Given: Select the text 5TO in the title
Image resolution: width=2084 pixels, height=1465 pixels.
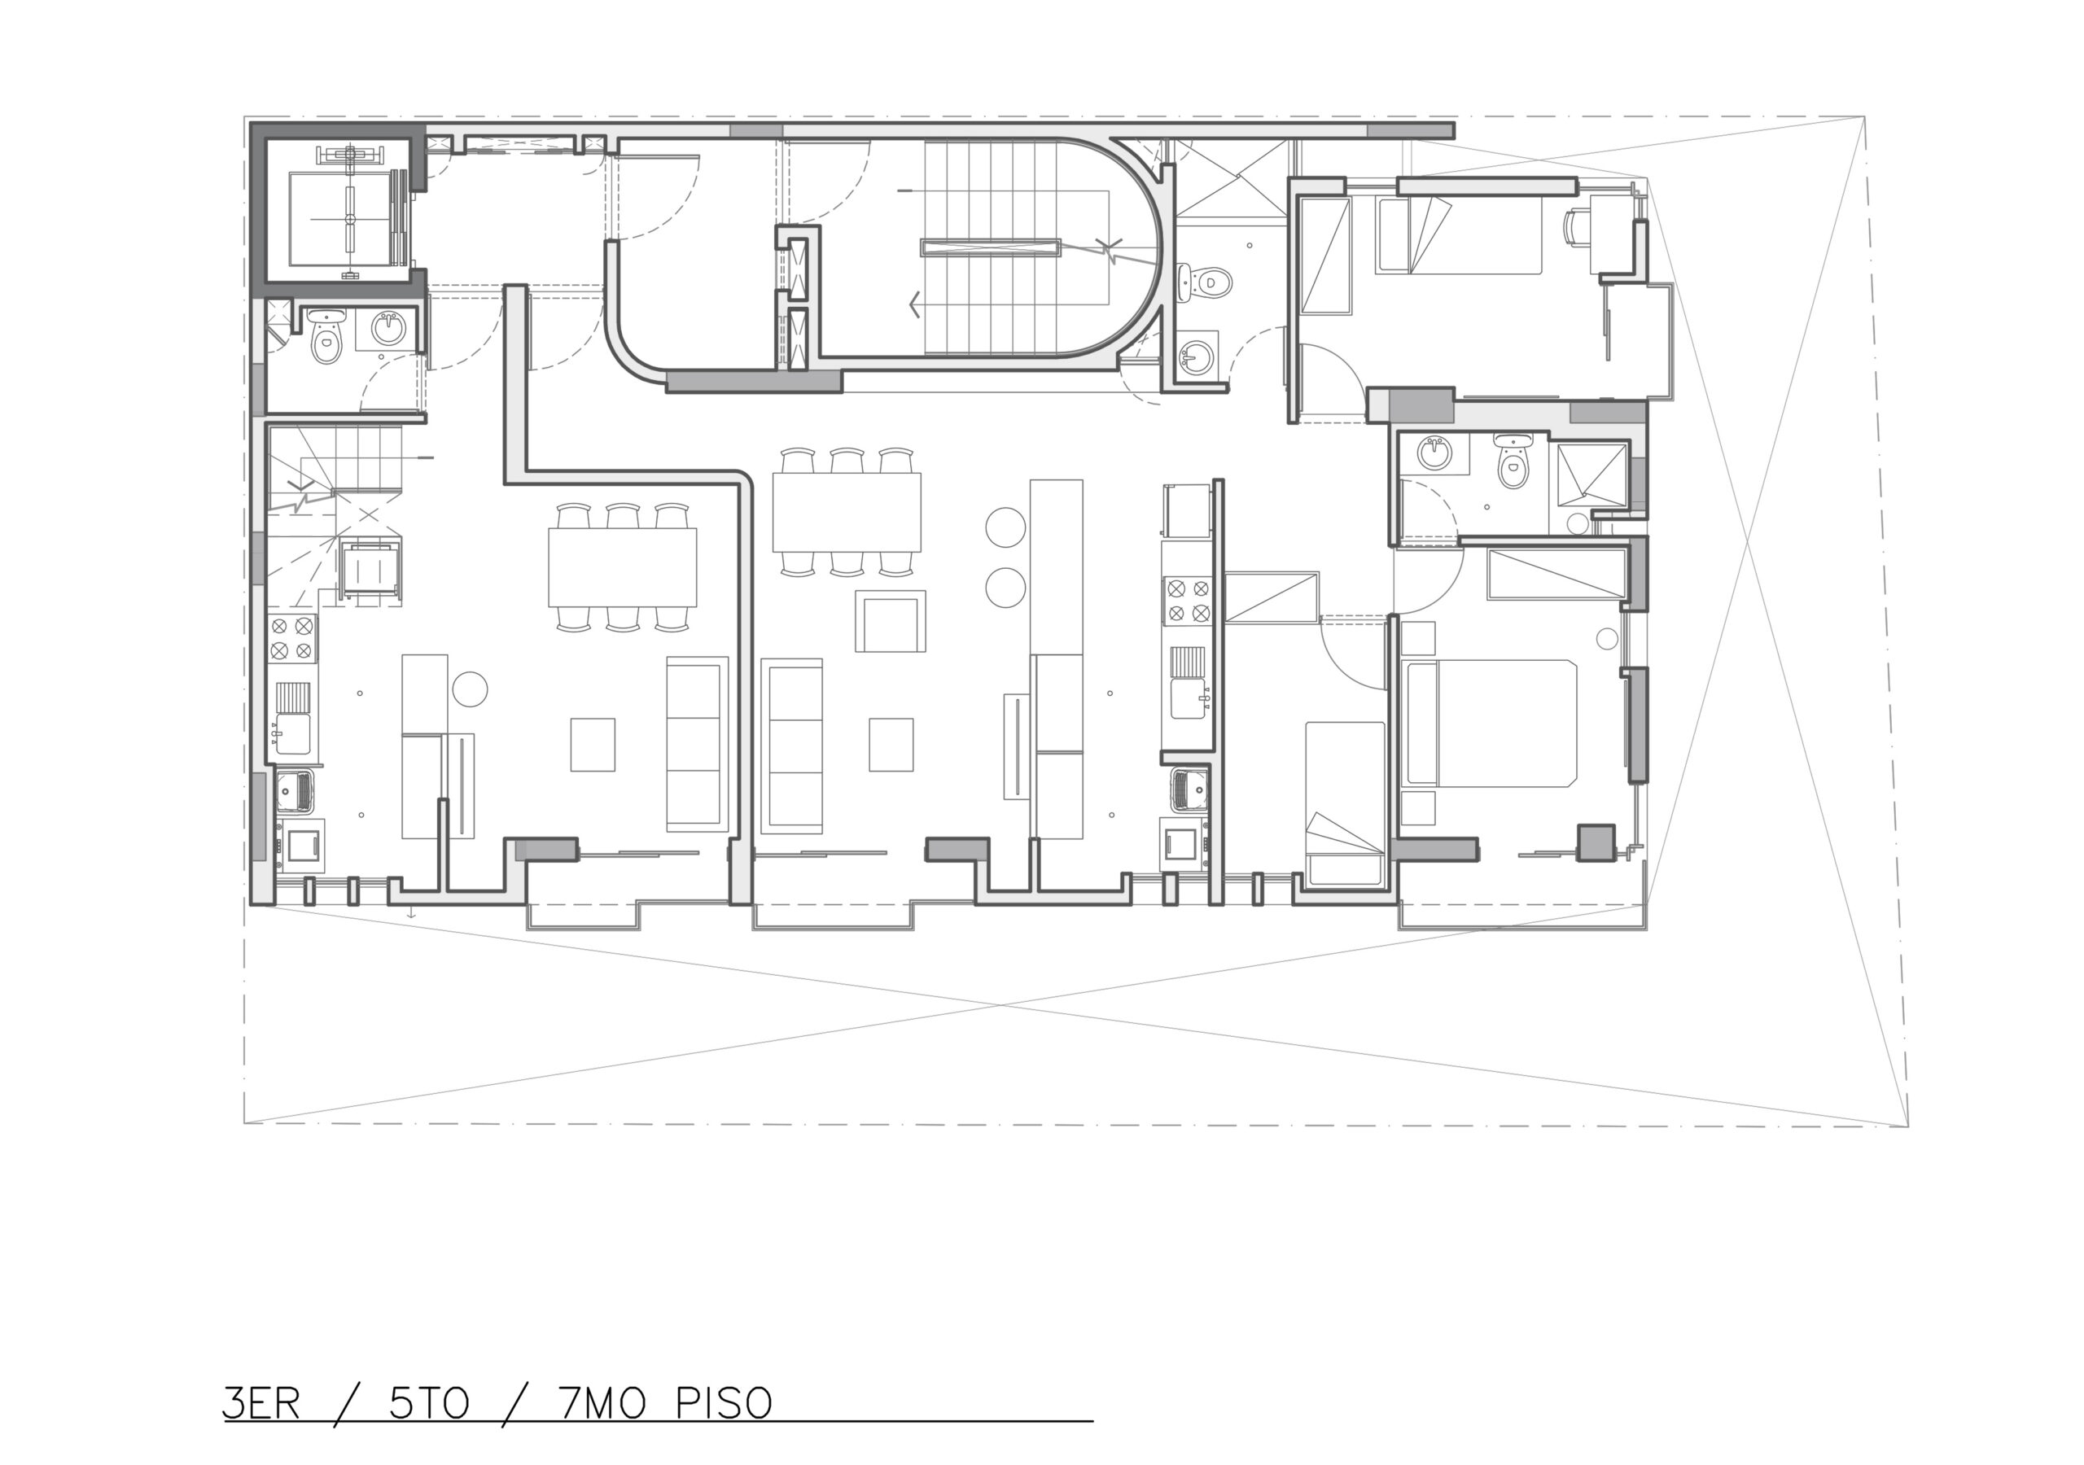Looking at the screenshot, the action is (429, 1403).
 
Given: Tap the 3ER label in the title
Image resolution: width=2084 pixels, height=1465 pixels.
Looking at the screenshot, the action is (261, 1403).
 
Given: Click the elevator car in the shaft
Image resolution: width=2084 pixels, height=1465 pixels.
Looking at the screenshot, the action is (348, 219).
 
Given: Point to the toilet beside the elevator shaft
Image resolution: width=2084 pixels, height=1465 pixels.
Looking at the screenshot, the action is (326, 335).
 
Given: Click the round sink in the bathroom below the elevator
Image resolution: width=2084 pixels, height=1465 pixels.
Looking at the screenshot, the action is (389, 329).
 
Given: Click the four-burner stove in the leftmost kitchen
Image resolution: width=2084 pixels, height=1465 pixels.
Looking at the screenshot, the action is (292, 638).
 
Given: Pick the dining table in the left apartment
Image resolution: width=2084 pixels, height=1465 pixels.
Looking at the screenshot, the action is (623, 567).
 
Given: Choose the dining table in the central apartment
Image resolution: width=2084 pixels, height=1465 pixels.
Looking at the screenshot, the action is (846, 512).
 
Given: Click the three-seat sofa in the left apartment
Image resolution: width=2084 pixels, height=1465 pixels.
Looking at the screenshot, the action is (697, 743).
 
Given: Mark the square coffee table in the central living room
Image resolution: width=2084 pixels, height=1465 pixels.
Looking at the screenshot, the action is (891, 744).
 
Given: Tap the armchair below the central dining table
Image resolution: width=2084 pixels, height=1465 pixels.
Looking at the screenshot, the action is (891, 621).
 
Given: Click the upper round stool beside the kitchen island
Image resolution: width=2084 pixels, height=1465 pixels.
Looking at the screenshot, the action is (1005, 527).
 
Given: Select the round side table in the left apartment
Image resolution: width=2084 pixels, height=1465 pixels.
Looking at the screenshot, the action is (471, 688).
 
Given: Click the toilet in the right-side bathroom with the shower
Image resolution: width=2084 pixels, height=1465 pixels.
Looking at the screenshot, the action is (1513, 462).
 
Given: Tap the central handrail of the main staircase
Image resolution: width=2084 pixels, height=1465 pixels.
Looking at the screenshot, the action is (990, 247).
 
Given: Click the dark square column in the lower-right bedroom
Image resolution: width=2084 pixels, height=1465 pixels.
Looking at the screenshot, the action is (1596, 842).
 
